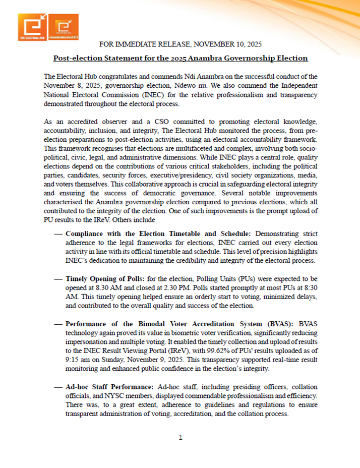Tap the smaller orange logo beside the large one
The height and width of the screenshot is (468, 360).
(x=65, y=28)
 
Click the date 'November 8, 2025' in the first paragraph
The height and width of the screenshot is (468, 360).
(x=73, y=85)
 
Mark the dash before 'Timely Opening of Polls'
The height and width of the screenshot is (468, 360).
(x=57, y=279)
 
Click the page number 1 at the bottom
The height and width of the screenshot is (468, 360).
(x=180, y=438)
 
